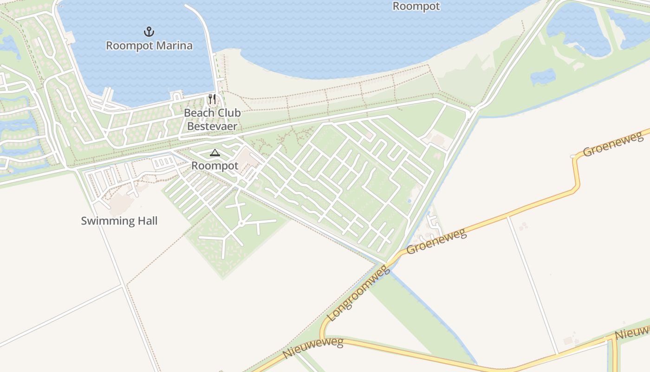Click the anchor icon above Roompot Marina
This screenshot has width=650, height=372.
click(149, 32)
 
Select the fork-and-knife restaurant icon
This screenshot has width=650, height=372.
click(212, 99)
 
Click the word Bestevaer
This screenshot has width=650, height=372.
click(212, 126)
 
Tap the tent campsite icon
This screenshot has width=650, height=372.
click(214, 153)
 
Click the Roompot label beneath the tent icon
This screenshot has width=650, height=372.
click(214, 166)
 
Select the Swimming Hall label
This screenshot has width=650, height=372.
click(119, 220)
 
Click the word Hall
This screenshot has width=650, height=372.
click(145, 220)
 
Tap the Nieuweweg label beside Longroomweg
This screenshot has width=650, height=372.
click(313, 348)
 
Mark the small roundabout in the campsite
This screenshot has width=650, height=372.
click(241, 224)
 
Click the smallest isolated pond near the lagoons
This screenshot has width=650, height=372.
click(543, 77)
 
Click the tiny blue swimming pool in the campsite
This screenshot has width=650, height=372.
click(409, 201)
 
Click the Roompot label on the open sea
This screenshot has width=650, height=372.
click(416, 6)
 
